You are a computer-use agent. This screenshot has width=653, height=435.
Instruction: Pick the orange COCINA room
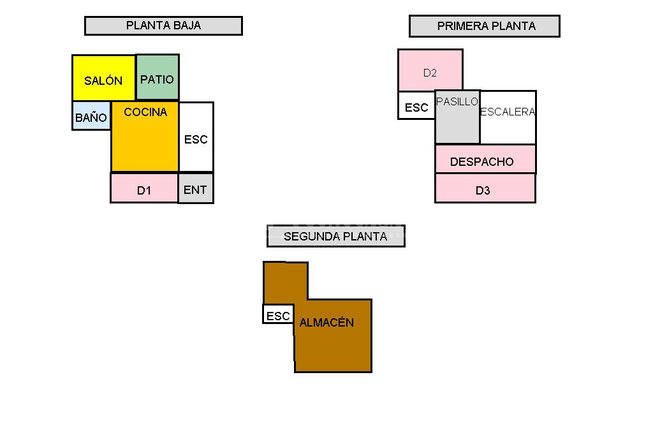pyautogui.click(x=145, y=137)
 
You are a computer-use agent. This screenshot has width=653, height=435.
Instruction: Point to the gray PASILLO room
pyautogui.click(x=457, y=118)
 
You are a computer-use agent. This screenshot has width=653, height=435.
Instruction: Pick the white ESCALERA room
pyautogui.click(x=508, y=118)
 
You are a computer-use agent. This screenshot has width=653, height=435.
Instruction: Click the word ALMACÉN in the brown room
pyautogui.click(x=326, y=323)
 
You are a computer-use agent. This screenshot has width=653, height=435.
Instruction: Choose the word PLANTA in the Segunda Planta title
pyautogui.click(x=365, y=236)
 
